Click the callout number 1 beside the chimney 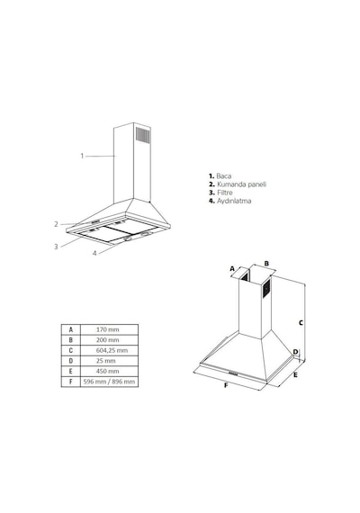(82, 156)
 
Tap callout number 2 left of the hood (57, 224)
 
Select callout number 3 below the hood (56, 247)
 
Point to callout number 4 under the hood (94, 253)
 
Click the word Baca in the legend (224, 176)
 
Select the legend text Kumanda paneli (242, 184)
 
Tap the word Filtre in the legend (225, 193)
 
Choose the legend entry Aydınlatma (234, 201)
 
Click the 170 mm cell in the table (108, 329)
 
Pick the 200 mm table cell (108, 340)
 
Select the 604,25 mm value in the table (112, 350)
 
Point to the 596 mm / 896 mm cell (109, 382)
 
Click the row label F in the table (71, 382)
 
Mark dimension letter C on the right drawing (301, 322)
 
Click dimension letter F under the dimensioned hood (226, 385)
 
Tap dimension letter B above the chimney (266, 264)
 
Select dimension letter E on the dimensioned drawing (295, 375)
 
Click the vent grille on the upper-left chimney (143, 135)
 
